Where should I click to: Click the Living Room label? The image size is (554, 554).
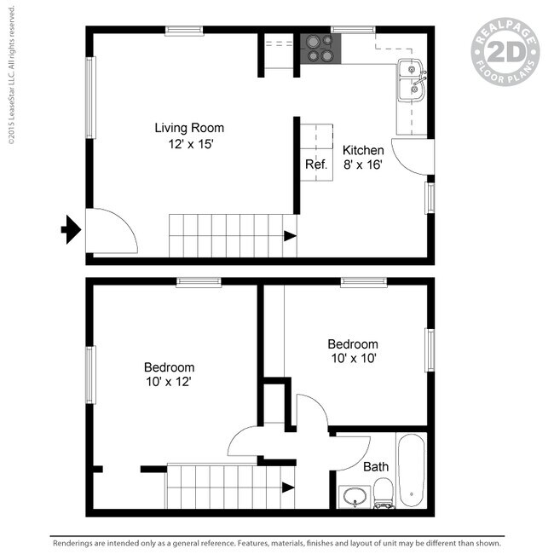point(189,129)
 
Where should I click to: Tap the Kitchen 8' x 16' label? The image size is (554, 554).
point(363,157)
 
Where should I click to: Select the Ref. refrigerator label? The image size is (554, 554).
point(316,164)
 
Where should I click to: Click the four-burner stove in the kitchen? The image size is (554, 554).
point(320,49)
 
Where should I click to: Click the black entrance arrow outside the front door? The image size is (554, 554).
point(71,229)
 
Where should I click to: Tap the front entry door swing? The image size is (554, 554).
point(109,230)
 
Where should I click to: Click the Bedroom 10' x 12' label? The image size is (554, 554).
point(169,375)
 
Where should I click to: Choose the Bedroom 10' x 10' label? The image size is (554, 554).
point(353,351)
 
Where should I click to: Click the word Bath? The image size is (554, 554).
point(376,467)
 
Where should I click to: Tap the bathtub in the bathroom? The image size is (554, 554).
point(413,470)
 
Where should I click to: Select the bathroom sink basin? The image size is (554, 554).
point(352,496)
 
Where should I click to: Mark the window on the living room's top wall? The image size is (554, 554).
point(184,31)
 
